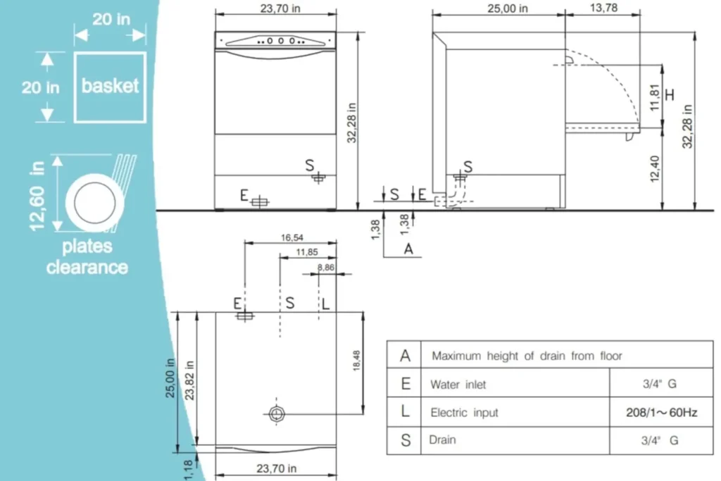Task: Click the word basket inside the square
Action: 110,86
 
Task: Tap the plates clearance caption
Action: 87,257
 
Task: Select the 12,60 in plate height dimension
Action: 37,195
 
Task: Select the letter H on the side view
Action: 670,94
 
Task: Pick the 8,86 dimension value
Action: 326,268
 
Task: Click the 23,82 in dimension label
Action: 189,380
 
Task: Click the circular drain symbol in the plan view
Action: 277,413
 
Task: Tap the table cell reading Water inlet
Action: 458,385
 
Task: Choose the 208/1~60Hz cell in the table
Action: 661,413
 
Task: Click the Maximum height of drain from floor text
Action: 527,356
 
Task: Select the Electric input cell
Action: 464,413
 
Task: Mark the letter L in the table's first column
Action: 405,412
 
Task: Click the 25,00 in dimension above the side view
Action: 497,8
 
